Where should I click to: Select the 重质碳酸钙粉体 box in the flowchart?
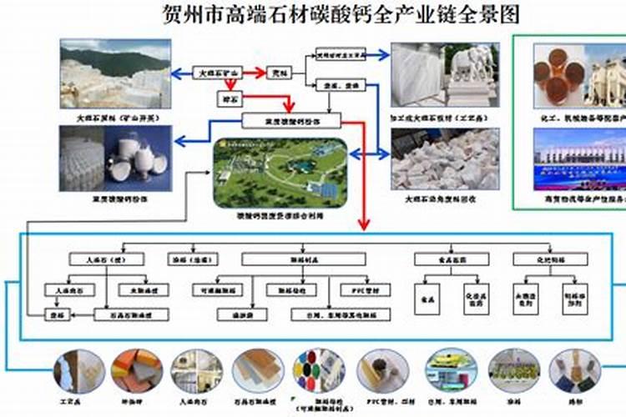(290, 122)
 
